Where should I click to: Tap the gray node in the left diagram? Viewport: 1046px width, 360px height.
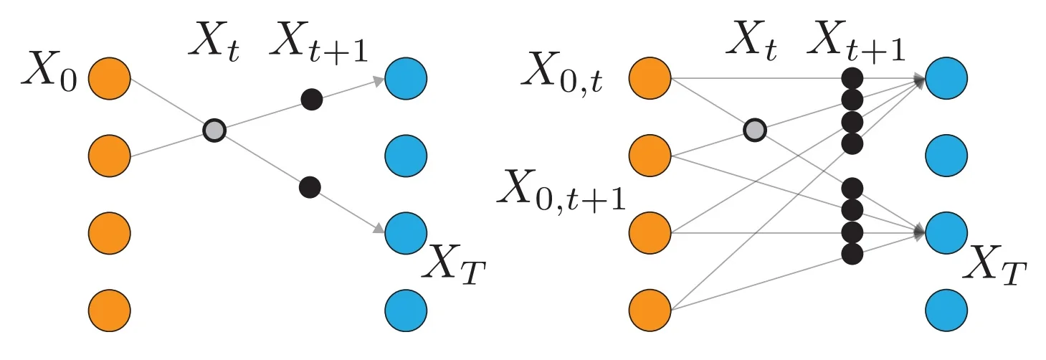click(214, 131)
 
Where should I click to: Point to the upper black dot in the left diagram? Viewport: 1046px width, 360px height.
click(311, 99)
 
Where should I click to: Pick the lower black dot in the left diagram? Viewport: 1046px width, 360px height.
click(310, 188)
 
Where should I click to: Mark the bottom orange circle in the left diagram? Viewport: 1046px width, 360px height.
click(110, 309)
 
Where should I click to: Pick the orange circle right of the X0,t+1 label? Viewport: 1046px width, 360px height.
click(650, 232)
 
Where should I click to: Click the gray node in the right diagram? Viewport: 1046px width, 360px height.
click(754, 131)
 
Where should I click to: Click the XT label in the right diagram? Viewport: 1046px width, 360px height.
click(996, 270)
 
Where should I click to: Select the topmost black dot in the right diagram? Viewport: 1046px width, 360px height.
click(852, 77)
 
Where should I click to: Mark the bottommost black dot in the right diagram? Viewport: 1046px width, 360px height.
click(852, 254)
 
